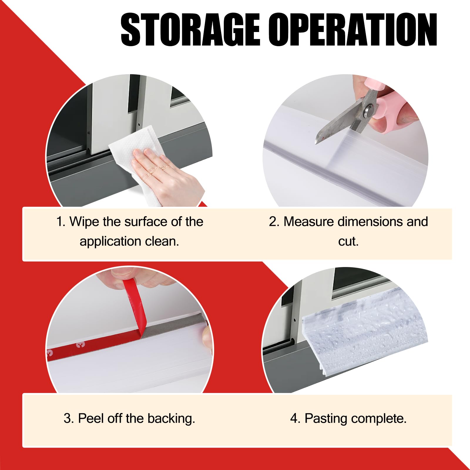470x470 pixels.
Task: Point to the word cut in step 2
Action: coord(348,241)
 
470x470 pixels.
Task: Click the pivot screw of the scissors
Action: coord(369,110)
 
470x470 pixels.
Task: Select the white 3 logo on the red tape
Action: coord(79,344)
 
